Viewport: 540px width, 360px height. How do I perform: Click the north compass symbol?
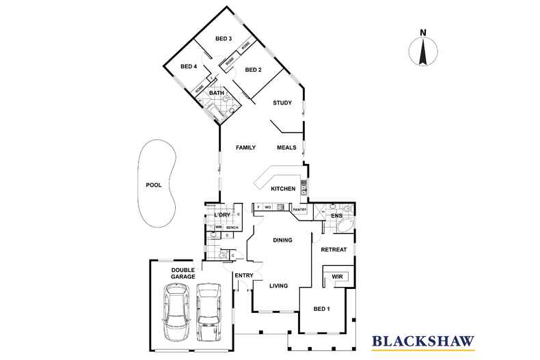(423, 51)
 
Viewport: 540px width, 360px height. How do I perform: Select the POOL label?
(154, 184)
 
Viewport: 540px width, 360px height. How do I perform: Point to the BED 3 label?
(224, 39)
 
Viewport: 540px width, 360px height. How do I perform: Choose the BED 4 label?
(189, 66)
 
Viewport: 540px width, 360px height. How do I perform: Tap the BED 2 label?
(254, 70)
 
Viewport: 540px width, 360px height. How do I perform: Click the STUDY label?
(282, 103)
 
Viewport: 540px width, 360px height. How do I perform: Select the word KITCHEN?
(283, 189)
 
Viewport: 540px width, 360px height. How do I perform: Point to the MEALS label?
(286, 148)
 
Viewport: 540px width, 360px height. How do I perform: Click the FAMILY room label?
(245, 148)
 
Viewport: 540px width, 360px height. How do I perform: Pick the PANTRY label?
(299, 210)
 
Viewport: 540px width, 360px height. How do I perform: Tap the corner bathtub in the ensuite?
(345, 226)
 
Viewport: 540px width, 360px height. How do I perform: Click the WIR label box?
(337, 277)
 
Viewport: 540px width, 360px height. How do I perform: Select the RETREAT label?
(334, 249)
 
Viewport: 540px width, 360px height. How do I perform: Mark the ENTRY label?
(244, 275)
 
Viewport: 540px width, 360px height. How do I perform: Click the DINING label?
(282, 240)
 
